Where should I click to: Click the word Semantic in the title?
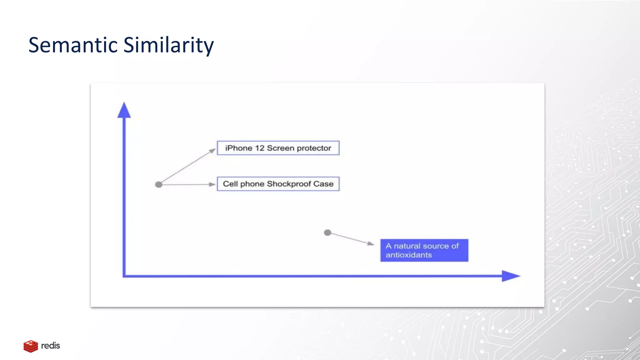click(x=73, y=45)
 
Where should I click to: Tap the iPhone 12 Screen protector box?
click(x=278, y=148)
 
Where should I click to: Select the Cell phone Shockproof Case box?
click(x=278, y=184)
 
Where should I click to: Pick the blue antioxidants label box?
click(x=424, y=250)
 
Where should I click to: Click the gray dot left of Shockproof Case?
click(x=159, y=185)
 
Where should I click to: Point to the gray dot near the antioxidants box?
click(x=327, y=233)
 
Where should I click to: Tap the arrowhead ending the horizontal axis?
click(x=510, y=276)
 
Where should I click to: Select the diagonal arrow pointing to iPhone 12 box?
click(x=187, y=166)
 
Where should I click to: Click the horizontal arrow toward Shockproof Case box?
click(x=187, y=185)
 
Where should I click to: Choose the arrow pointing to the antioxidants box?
click(x=352, y=238)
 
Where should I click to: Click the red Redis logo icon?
click(x=31, y=346)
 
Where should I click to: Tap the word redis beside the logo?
click(x=51, y=346)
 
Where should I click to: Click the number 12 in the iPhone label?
click(x=260, y=148)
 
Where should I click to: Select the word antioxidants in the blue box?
click(x=409, y=255)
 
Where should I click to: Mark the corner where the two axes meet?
click(x=124, y=276)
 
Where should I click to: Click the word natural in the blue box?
click(x=407, y=246)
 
